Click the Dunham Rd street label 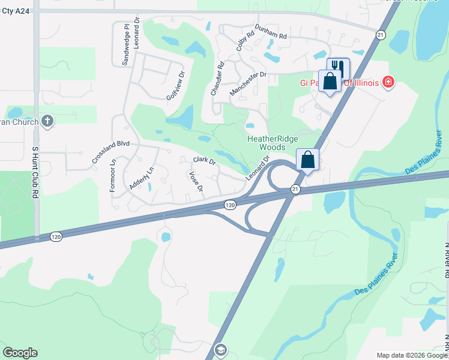coord(271,32)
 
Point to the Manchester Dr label coord(247,83)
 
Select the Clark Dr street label coord(204,161)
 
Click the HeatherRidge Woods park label coord(272,142)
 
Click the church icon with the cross coord(47,122)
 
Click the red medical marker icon coord(388,82)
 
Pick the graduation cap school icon coord(221,350)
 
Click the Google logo coord(20,353)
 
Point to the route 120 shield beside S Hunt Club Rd coord(56,237)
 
